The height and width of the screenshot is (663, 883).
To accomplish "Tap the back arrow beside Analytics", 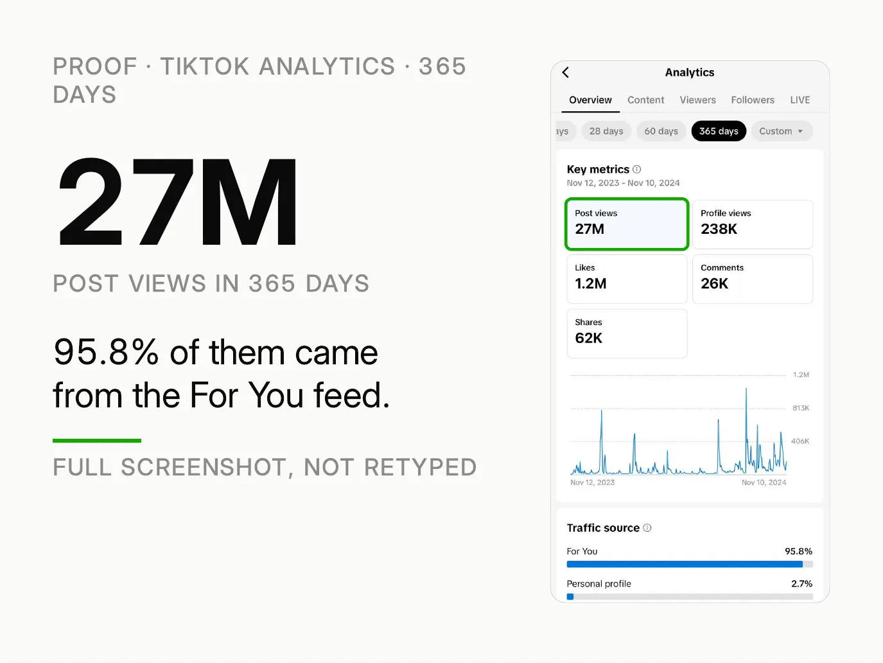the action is coord(566,73).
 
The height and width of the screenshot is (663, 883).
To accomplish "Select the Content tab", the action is coord(645,100).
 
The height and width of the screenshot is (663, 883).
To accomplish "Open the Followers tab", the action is coord(752,100).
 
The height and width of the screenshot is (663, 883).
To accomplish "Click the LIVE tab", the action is coord(800,100).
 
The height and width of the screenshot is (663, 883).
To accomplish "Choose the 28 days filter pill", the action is coord(606,131).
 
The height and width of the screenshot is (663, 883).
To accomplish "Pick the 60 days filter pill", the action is coord(661,131).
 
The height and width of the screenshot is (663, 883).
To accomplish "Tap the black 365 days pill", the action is coord(719,131).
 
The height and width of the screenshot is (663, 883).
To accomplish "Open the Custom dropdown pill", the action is coord(782,131).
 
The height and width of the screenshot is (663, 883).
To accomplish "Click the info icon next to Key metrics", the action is coord(637,170).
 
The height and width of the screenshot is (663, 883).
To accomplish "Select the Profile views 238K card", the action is coord(752,224).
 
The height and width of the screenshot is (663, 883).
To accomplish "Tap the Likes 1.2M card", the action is coord(627,279).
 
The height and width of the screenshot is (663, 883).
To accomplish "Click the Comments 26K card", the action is coord(752,279).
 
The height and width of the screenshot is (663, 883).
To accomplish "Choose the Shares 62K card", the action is coord(627,333).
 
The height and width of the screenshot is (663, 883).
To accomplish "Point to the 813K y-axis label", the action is coord(801,408).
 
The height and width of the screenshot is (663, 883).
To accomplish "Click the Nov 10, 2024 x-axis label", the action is coord(764,482).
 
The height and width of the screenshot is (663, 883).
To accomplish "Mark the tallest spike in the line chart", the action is coord(746,389).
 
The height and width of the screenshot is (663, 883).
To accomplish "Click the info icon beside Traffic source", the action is coord(647,528).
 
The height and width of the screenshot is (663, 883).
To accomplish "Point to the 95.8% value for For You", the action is coord(798,551).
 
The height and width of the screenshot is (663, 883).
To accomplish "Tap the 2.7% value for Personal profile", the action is coord(801,584).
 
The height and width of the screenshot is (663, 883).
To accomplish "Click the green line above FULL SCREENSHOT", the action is coord(97,441).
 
